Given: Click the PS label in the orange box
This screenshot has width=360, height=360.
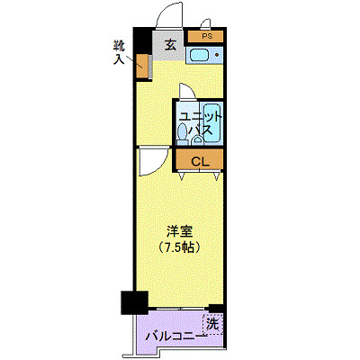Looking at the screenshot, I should coord(207,36).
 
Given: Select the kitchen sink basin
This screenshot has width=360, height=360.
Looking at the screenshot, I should coord(199,57).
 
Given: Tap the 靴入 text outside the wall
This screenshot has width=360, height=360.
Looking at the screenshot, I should coord(119,52).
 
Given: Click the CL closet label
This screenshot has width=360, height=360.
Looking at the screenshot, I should coord(199,161).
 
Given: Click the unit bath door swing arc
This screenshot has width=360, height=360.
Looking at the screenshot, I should coord(185,92).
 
